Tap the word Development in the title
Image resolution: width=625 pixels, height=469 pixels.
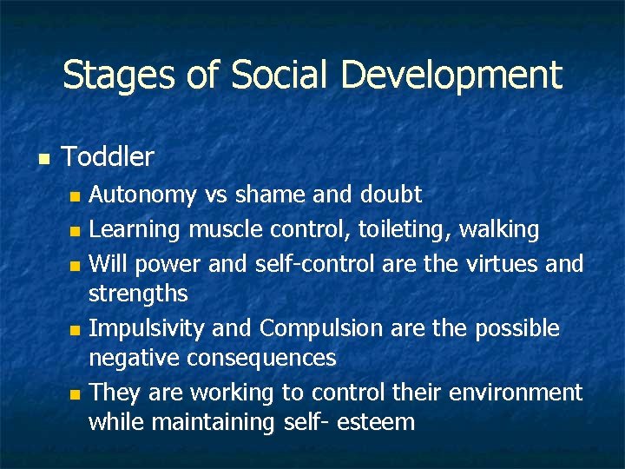[x=451, y=76]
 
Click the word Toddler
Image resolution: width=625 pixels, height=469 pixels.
[x=109, y=157]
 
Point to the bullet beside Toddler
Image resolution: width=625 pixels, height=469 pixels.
[x=44, y=159]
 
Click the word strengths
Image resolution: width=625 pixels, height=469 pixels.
[x=138, y=294]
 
